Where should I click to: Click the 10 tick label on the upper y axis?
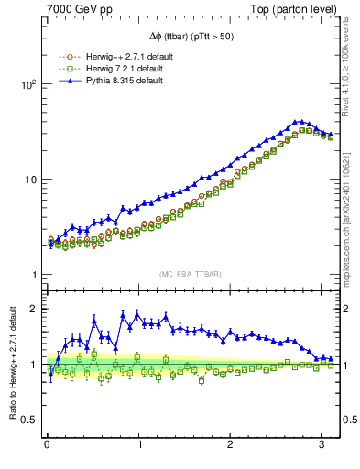[x=30, y=179]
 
